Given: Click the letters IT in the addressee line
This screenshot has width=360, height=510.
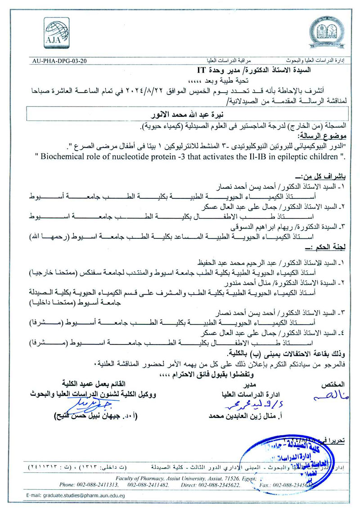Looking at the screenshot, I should (201, 70).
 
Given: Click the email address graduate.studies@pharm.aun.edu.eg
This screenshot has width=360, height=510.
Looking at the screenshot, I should (74, 495).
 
